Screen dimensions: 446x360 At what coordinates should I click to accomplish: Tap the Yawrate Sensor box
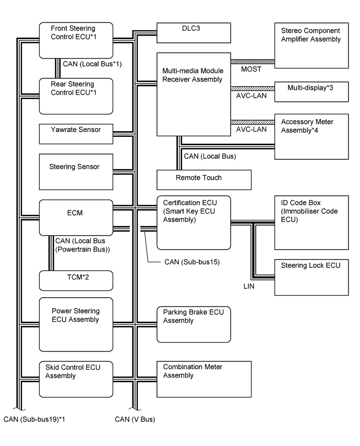point(76,134)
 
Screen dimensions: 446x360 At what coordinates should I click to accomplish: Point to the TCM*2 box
point(76,280)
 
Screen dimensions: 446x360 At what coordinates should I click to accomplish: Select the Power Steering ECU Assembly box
point(76,324)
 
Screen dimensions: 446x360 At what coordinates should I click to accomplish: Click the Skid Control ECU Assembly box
point(76,379)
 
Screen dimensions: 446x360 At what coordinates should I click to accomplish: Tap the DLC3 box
point(194,33)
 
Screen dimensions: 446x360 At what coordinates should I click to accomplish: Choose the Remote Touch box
point(204,179)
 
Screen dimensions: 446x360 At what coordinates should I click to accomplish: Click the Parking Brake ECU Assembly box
point(194,324)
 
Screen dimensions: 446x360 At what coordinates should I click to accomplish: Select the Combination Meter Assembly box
point(194,379)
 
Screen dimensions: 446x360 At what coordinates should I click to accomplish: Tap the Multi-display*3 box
point(311,88)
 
